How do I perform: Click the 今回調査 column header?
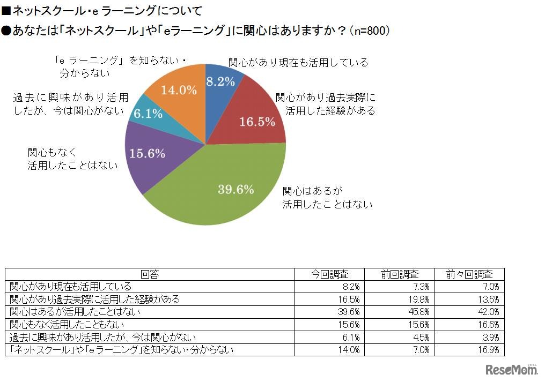(329, 274)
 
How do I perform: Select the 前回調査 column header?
(400, 274)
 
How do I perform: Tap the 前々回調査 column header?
(469, 274)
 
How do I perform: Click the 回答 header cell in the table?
(150, 274)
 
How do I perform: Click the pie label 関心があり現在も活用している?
(298, 62)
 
